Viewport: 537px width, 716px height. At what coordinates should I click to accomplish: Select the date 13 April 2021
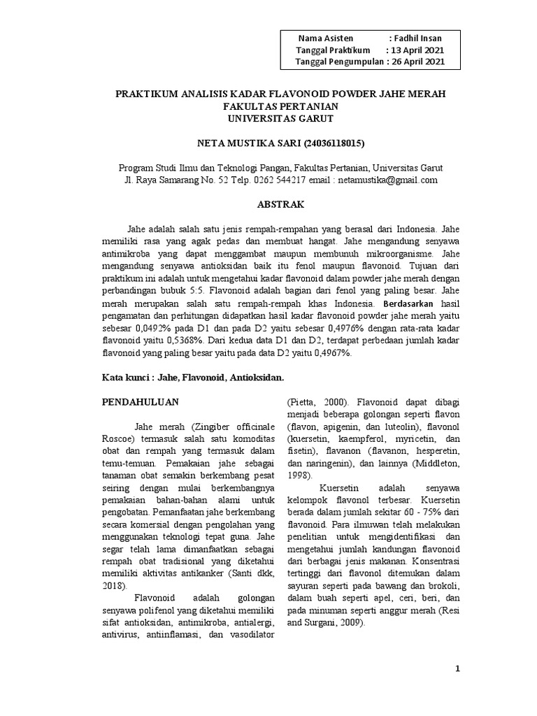pyautogui.click(x=417, y=50)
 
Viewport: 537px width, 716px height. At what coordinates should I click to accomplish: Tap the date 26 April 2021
pyautogui.click(x=417, y=62)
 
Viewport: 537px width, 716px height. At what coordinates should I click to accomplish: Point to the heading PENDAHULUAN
pyautogui.click(x=141, y=402)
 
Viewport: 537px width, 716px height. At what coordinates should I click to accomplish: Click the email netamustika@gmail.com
pyautogui.click(x=387, y=180)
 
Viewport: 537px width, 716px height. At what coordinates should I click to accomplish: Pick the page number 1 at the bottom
pyautogui.click(x=458, y=669)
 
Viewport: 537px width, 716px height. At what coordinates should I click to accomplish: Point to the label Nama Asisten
pyautogui.click(x=325, y=38)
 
